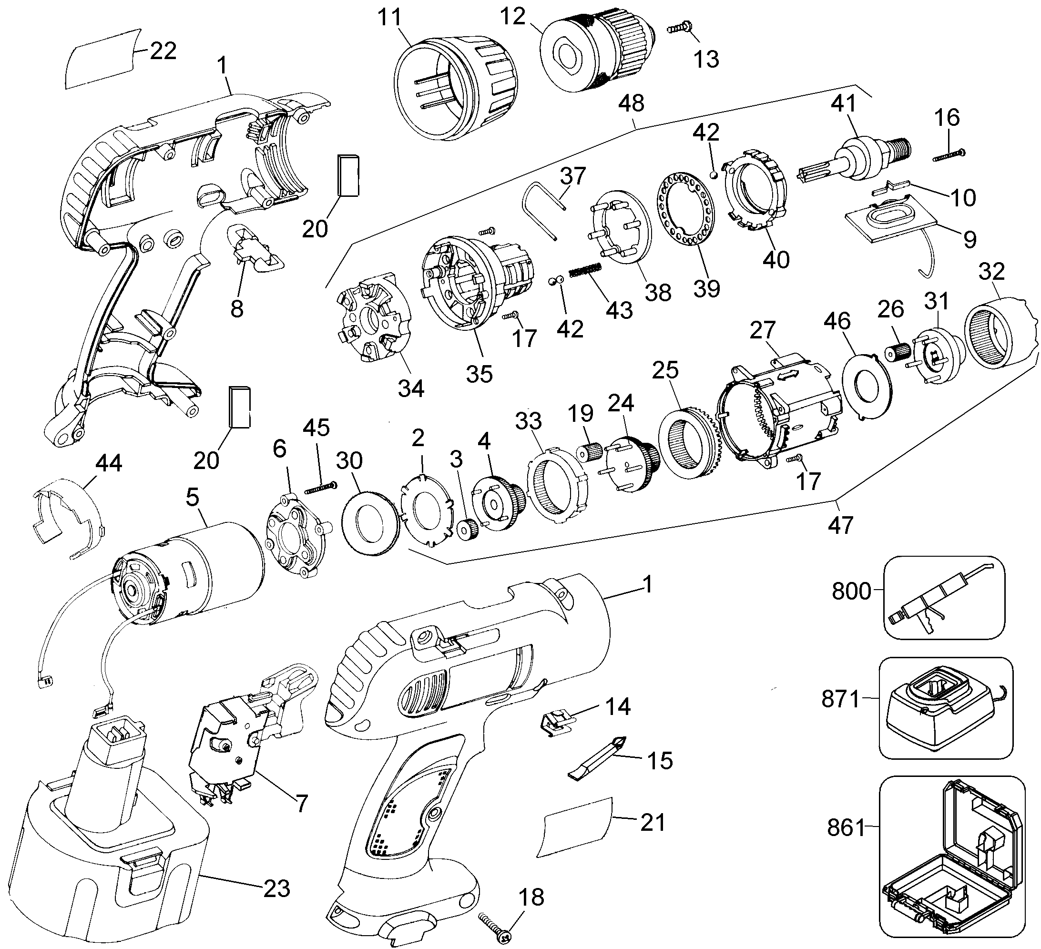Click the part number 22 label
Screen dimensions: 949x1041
[x=163, y=51]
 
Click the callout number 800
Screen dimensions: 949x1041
[x=851, y=591]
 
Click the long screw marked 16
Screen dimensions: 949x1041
[x=949, y=155]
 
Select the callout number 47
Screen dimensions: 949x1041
[x=840, y=526]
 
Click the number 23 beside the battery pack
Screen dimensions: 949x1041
[x=276, y=888]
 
